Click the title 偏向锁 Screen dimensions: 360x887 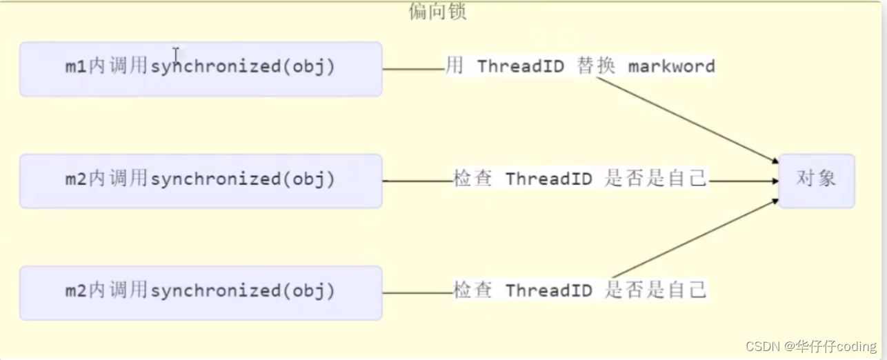(x=437, y=12)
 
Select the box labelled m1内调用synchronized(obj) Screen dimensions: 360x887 (x=200, y=68)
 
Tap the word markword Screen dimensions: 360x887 (x=671, y=67)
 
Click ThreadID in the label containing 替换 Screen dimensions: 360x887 (x=520, y=67)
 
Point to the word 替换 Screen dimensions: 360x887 (x=595, y=67)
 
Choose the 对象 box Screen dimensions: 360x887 (x=816, y=180)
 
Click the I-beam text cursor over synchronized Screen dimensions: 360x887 (x=176, y=55)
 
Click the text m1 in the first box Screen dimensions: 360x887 (x=75, y=68)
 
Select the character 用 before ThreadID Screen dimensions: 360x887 (x=454, y=66)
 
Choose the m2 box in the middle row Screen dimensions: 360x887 (x=200, y=181)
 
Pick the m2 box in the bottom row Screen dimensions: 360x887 (x=200, y=292)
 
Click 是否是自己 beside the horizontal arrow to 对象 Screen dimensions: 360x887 (x=655, y=179)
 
